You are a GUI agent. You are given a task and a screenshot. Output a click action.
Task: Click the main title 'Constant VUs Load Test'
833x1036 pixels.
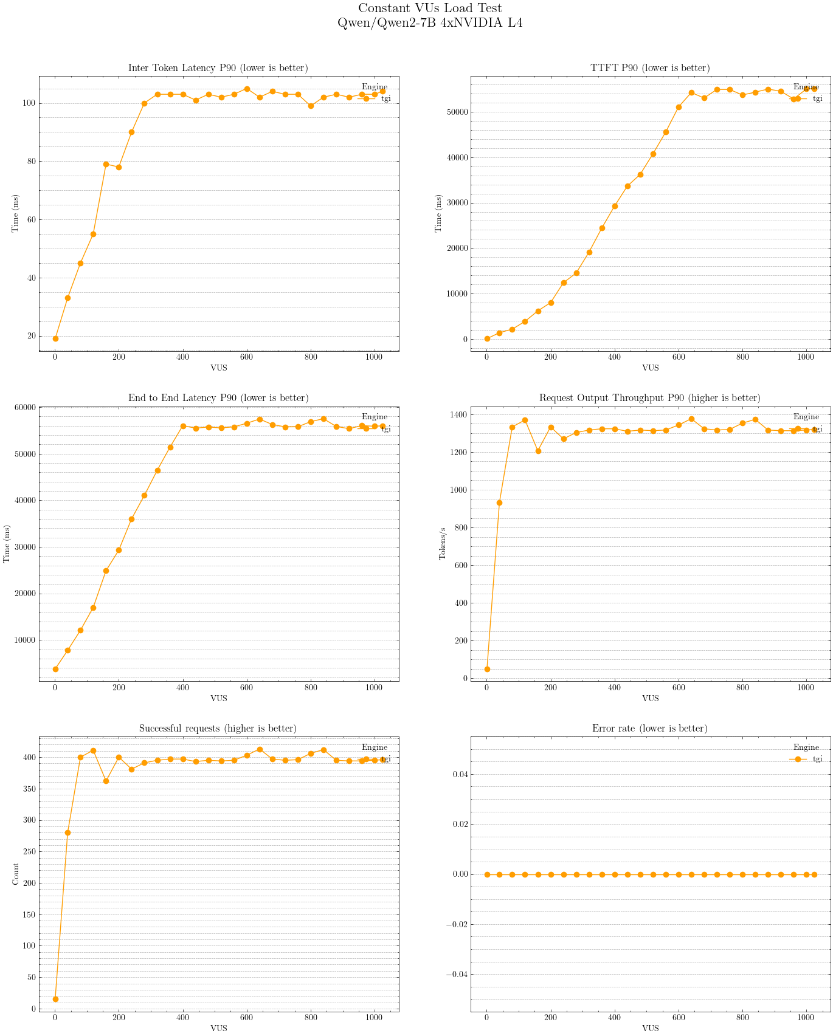click(430, 9)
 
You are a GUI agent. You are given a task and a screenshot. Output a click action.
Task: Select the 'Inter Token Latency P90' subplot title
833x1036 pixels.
click(218, 68)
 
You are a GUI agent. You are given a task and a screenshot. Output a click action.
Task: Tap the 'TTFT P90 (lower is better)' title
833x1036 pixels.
click(650, 68)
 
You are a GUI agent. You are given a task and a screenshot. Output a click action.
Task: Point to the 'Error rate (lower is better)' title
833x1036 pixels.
click(650, 729)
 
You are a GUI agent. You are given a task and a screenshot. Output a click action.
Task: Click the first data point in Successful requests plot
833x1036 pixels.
click(55, 999)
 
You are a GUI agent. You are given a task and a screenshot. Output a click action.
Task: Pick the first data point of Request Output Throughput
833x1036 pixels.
click(487, 669)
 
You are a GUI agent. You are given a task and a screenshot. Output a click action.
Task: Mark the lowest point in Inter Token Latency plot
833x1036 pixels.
click(55, 338)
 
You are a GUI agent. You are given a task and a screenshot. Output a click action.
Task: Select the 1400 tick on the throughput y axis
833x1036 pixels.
click(459, 415)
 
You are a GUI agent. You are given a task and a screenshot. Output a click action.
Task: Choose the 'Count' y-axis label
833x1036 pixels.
click(16, 874)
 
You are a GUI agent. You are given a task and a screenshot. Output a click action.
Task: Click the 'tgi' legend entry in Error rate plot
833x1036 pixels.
click(817, 759)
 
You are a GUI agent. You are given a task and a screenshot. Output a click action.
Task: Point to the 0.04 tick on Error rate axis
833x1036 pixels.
click(458, 774)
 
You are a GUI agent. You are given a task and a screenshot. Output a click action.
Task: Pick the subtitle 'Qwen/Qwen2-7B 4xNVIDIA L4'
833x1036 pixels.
click(430, 23)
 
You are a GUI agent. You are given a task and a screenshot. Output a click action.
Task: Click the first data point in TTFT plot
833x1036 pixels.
click(487, 338)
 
